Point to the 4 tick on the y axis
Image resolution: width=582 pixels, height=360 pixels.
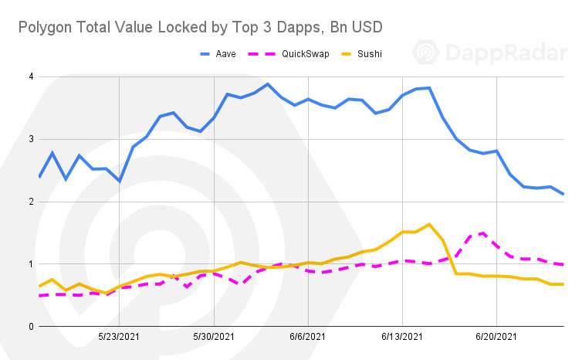pyautogui.click(x=30, y=76)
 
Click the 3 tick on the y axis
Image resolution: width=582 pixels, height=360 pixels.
pyautogui.click(x=30, y=139)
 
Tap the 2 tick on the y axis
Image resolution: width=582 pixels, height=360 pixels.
pyautogui.click(x=30, y=202)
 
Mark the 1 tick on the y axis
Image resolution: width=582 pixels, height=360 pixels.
pyautogui.click(x=30, y=264)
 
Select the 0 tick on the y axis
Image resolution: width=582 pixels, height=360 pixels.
pyautogui.click(x=30, y=327)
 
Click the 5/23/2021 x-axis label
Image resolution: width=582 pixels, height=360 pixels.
pyautogui.click(x=119, y=338)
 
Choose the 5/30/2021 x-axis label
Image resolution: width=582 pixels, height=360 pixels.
pyautogui.click(x=213, y=338)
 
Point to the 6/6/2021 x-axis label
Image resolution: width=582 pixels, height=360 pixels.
pyautogui.click(x=308, y=338)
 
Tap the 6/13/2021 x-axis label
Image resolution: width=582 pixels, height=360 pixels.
pyautogui.click(x=402, y=338)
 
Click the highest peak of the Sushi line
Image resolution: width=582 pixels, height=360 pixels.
pyautogui.click(x=429, y=225)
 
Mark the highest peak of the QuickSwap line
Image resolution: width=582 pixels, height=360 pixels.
pyautogui.click(x=482, y=233)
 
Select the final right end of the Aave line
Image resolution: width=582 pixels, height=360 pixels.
pyautogui.click(x=563, y=194)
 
